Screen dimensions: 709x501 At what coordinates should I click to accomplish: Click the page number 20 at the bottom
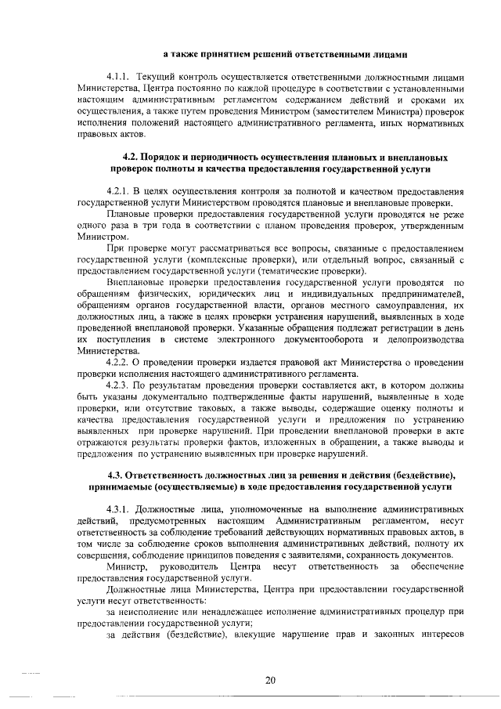coord(269,680)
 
